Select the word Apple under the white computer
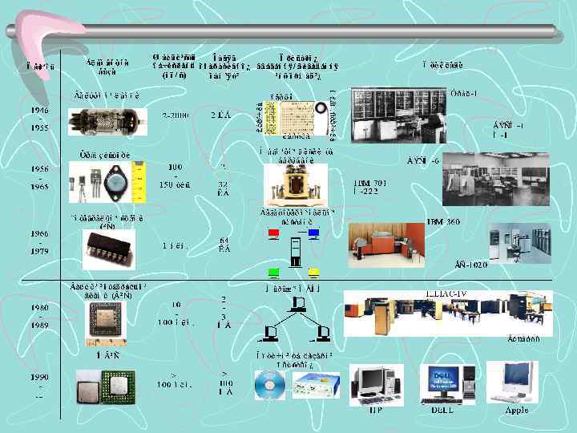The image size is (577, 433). coord(517,410)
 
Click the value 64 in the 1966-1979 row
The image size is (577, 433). coord(225,240)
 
